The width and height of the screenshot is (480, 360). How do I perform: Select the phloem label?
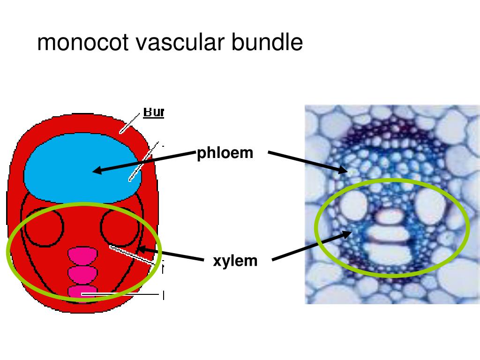pyautogui.click(x=225, y=153)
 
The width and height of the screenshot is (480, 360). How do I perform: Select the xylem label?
pyautogui.click(x=235, y=261)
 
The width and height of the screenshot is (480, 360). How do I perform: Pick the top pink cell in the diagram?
pyautogui.click(x=83, y=256)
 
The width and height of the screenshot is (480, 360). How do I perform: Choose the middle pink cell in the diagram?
pyautogui.click(x=83, y=273)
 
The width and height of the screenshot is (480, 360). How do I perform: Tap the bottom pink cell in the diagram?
pyautogui.click(x=83, y=292)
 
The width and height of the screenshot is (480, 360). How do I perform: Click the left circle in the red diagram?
pyautogui.click(x=44, y=227)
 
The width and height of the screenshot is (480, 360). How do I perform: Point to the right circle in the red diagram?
pyautogui.click(x=120, y=227)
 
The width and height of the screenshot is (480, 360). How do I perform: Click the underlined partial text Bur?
pyautogui.click(x=153, y=112)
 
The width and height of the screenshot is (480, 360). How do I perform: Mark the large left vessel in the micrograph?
pyautogui.click(x=354, y=206)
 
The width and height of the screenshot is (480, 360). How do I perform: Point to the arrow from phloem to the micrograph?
pyautogui.click(x=307, y=162)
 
